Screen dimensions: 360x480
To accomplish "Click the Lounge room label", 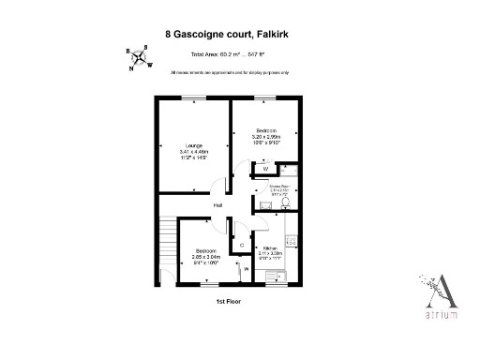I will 194,144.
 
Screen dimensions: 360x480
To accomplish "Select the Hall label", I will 217,205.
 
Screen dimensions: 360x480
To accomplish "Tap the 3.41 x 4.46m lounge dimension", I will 194,151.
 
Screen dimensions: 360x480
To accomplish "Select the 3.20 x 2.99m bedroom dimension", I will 266,137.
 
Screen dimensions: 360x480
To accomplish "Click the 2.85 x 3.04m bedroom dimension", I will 206,256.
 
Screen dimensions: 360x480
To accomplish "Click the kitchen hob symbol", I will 292,241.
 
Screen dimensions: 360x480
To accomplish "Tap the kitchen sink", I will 277,276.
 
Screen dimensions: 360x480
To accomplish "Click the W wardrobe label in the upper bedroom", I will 265,169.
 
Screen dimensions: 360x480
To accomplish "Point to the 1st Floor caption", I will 229,302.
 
